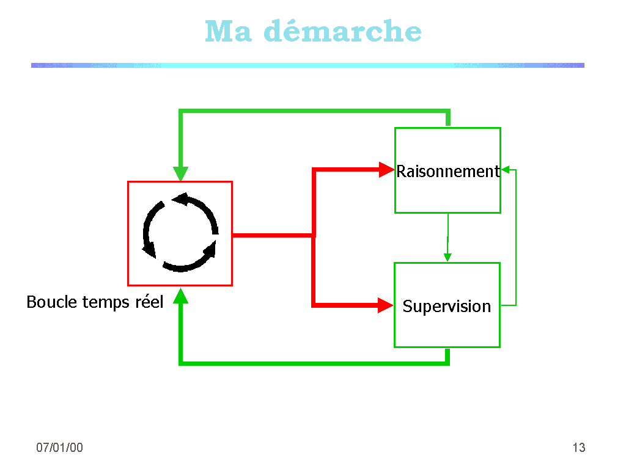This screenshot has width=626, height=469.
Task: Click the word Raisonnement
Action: point(447,172)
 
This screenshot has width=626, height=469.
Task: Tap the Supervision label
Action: point(446,306)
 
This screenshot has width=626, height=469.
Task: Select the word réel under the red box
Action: point(149,302)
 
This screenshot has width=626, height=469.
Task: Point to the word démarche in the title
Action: point(342,32)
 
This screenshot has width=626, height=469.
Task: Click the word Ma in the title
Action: point(228,32)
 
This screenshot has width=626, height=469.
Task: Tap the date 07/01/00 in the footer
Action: point(59,448)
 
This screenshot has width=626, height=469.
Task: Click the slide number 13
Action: point(578,448)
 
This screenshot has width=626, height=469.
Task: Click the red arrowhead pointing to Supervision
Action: point(386,305)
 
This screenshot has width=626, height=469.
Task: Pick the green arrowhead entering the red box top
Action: point(180,173)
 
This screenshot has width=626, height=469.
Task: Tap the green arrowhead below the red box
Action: point(180,296)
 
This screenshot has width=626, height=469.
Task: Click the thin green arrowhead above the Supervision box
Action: point(447,257)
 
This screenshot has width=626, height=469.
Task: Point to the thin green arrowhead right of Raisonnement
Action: point(505,170)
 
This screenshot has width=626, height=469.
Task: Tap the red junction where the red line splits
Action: point(314,235)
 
